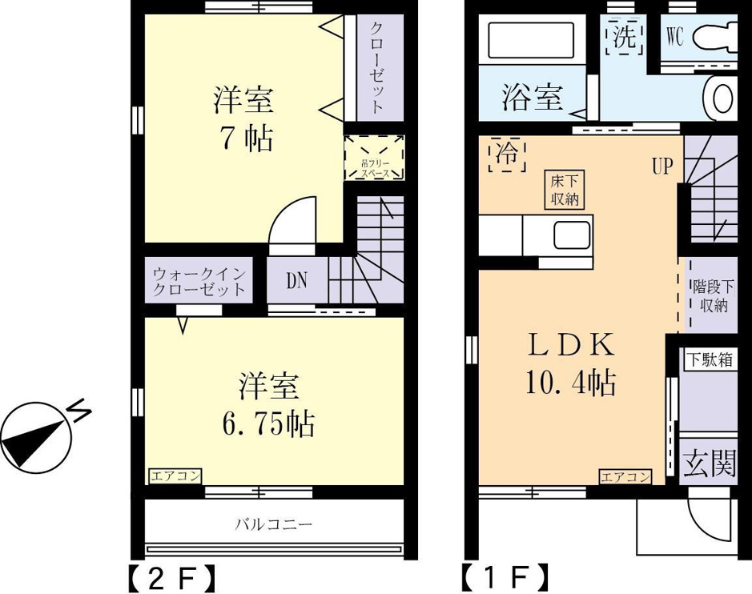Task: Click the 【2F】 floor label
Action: coord(171,578)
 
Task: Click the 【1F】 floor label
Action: coord(505,578)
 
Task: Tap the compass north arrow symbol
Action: coord(35,436)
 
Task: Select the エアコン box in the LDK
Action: coord(625,477)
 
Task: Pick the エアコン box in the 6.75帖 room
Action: coord(175,476)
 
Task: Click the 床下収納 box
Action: coord(565,190)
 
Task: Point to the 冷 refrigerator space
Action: coord(507,155)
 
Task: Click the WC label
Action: coord(675,36)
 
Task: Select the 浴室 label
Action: coord(533,98)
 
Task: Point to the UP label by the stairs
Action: coord(662,166)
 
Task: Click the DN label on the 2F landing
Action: coord(297,281)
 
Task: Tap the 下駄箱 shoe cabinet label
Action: coord(710,359)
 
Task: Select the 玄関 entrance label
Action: coord(710,464)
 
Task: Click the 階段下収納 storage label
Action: coord(713,296)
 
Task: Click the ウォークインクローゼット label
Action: coord(199,282)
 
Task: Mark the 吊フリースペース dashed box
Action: coord(375,158)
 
